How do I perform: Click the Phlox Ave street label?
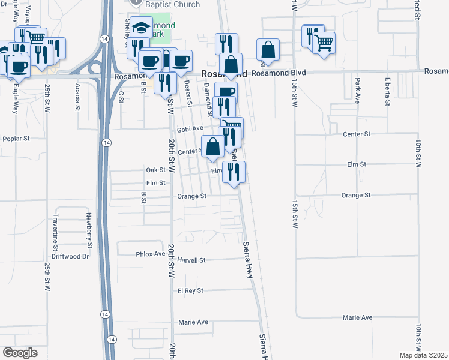(150, 254)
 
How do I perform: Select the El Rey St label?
(191, 290)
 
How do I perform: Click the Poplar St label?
(16, 139)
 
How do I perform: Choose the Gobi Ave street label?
(190, 128)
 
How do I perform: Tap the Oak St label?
(156, 170)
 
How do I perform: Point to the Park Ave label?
(357, 90)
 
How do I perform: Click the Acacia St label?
(78, 93)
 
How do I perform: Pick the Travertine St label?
(56, 232)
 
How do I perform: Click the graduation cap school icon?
(142, 28)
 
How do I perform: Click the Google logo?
(20, 352)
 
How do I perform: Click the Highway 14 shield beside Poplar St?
(106, 142)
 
